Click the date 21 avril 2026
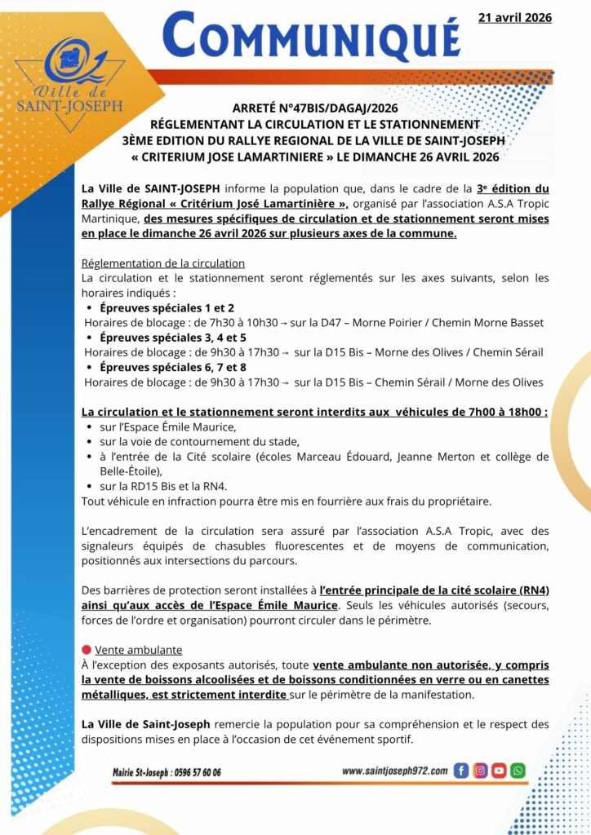pyautogui.click(x=514, y=17)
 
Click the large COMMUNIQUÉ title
pyautogui.click(x=310, y=37)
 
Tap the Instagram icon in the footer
pyautogui.click(x=480, y=770)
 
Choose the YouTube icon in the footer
pyautogui.click(x=499, y=770)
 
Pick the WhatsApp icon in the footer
pyautogui.click(x=518, y=770)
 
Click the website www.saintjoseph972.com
pyautogui.click(x=394, y=771)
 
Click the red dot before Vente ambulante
pyautogui.click(x=86, y=650)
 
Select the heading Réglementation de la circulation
pyautogui.click(x=163, y=263)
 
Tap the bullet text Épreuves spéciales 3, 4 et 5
pyautogui.click(x=172, y=337)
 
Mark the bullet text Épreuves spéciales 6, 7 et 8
pyautogui.click(x=172, y=367)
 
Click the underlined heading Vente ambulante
pyautogui.click(x=139, y=650)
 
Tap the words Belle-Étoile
pyautogui.click(x=131, y=471)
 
